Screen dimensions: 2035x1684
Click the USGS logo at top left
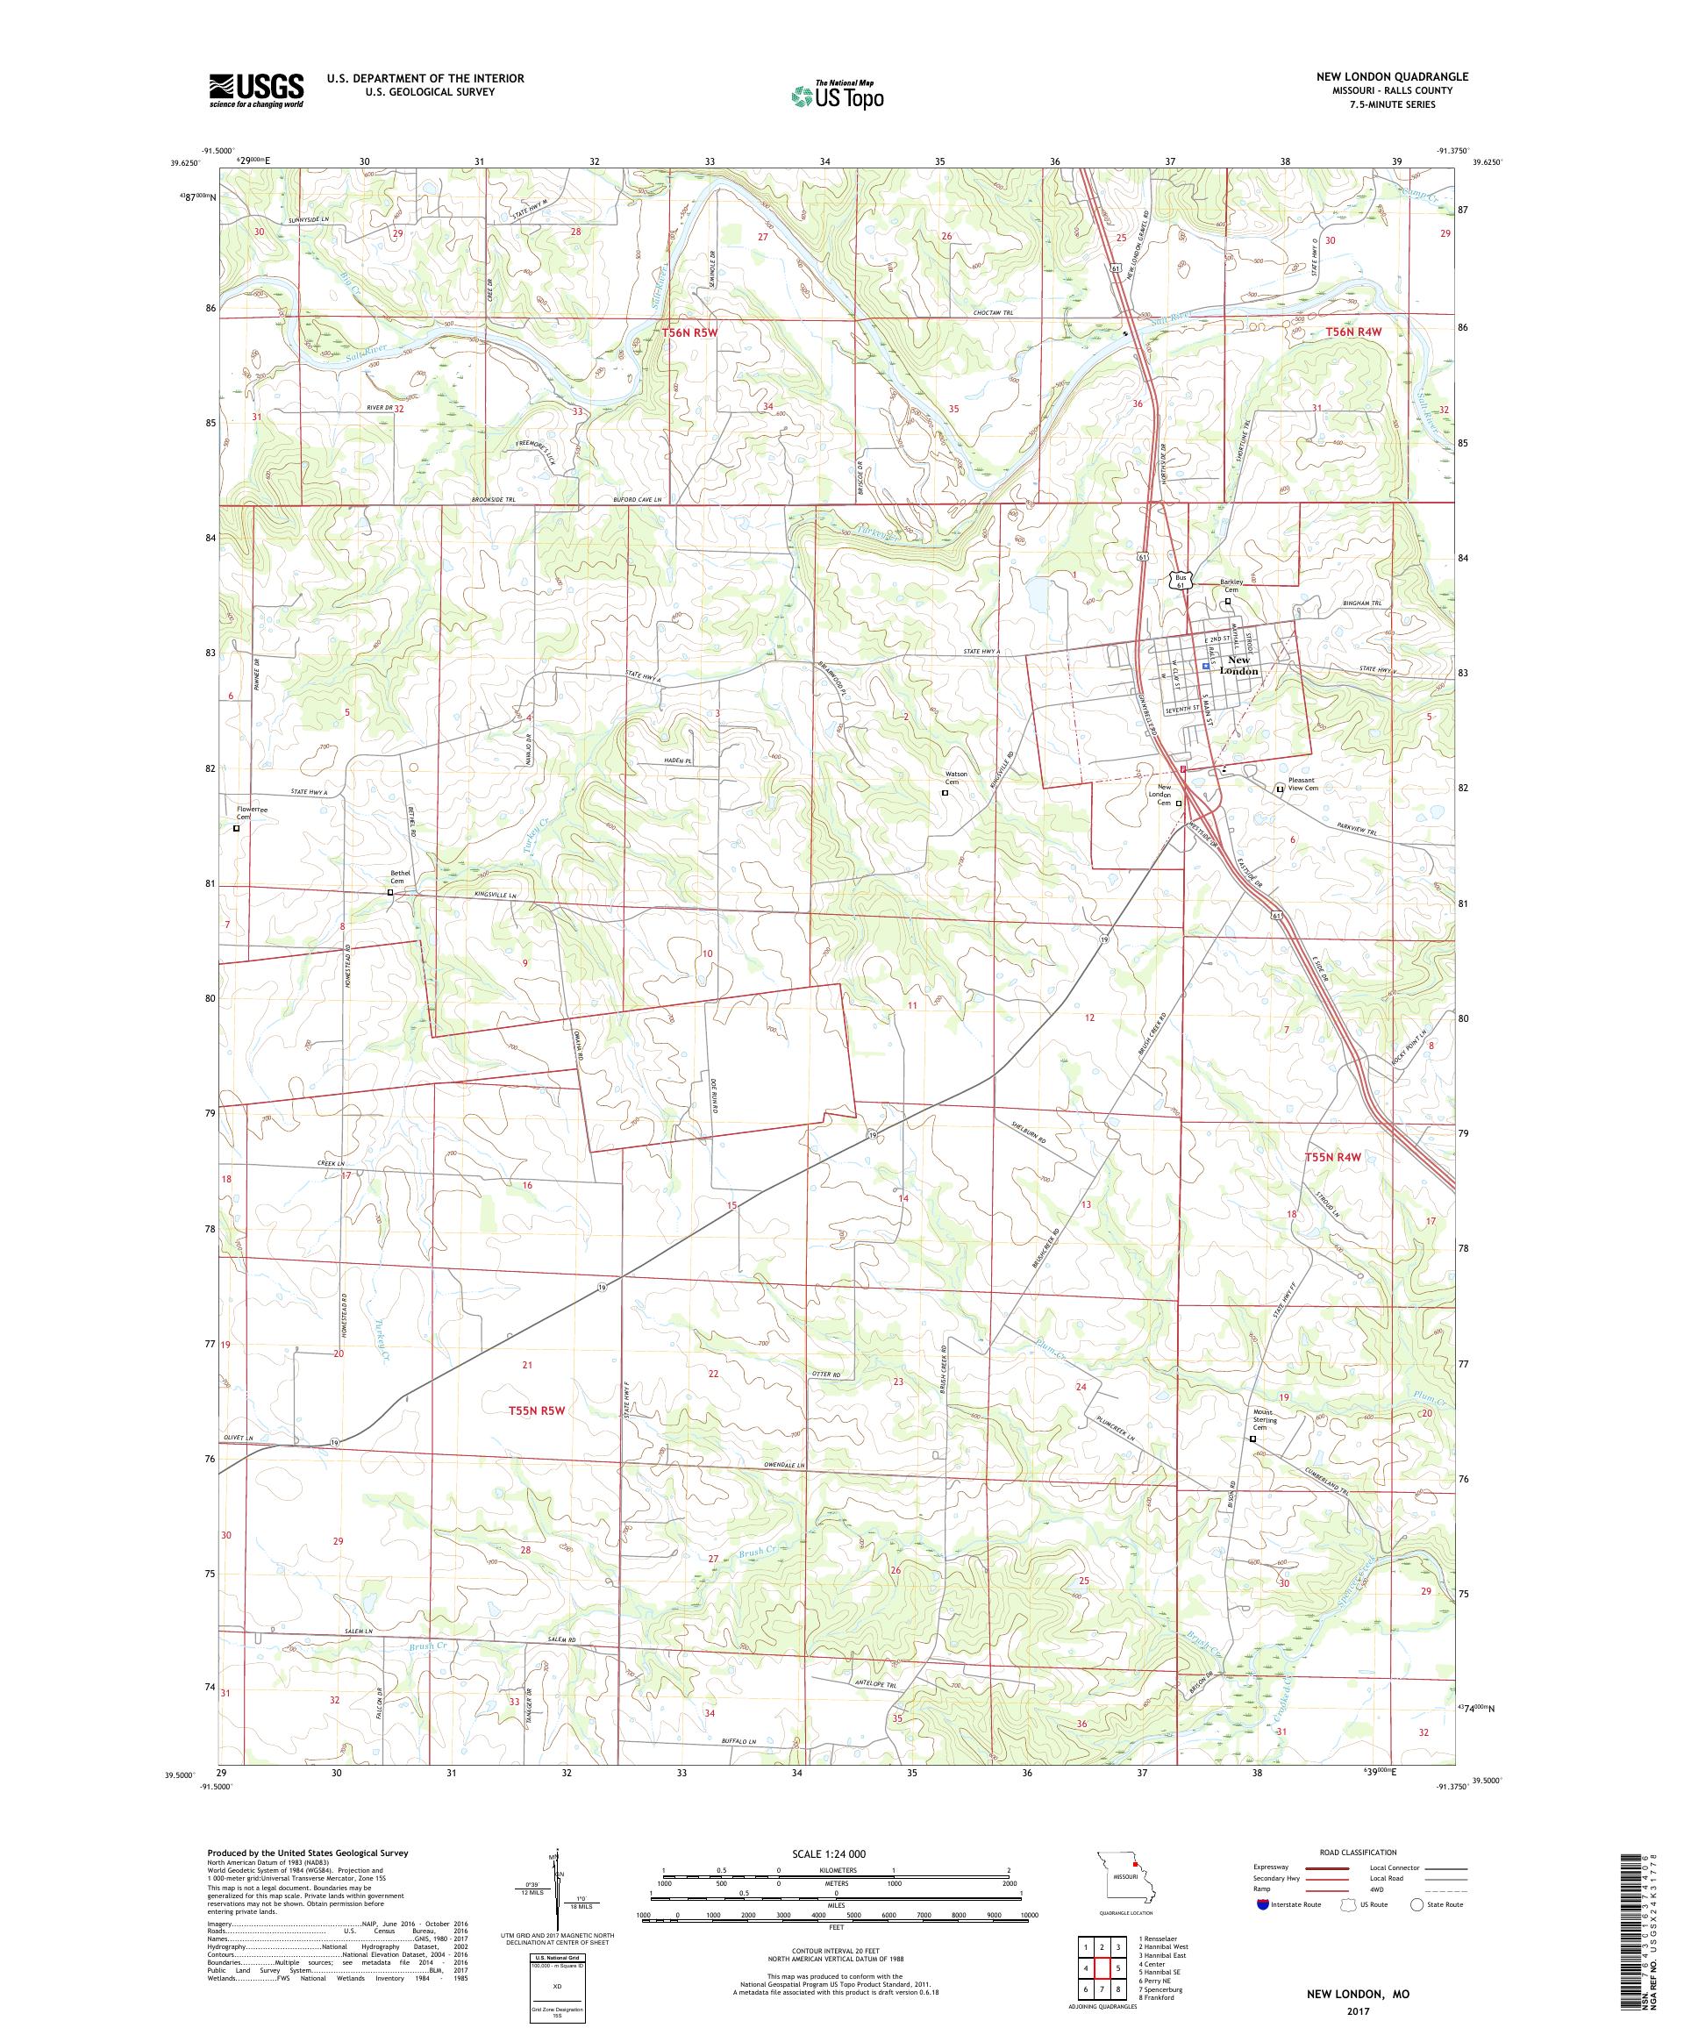(x=256, y=90)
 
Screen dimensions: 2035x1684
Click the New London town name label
(x=1238, y=666)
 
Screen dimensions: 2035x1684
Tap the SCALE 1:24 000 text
(x=837, y=1853)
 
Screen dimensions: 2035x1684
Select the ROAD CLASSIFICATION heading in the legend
(x=1357, y=1852)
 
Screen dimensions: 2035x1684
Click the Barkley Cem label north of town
(x=1231, y=585)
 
